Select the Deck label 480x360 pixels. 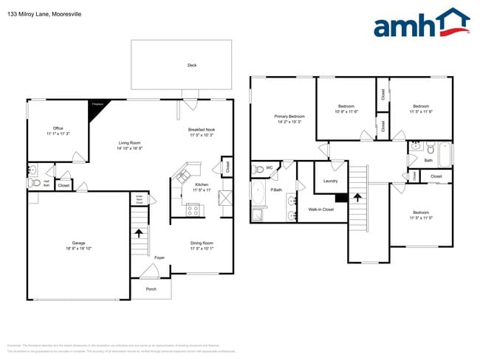(192, 66)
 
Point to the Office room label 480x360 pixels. (58, 131)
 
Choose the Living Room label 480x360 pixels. (130, 145)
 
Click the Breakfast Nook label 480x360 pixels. (201, 132)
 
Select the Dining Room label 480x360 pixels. (201, 246)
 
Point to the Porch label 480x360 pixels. (151, 289)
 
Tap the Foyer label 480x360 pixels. (160, 257)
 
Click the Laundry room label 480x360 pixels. (330, 181)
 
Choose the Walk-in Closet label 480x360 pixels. (321, 210)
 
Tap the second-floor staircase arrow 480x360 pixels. (358, 198)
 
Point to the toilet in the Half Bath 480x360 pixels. (32, 181)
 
